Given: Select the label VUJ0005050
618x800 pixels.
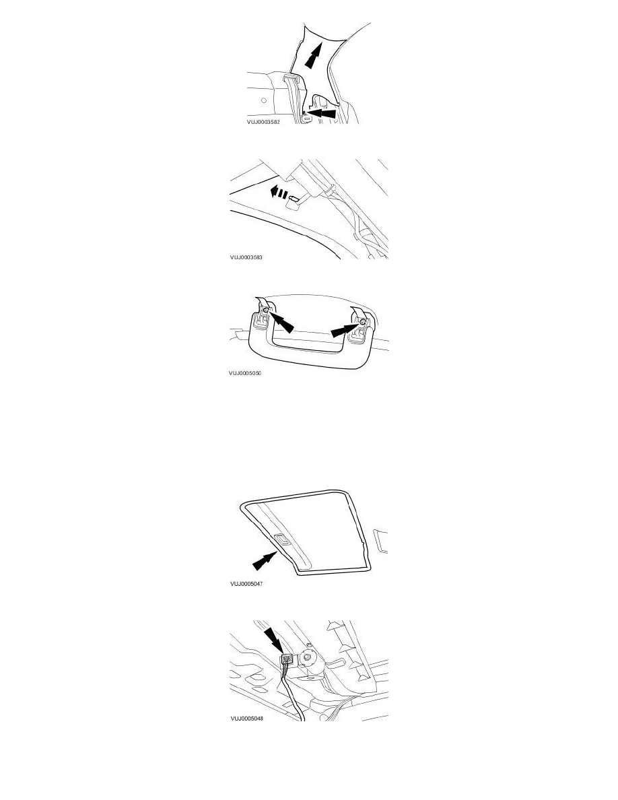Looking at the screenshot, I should (x=245, y=372).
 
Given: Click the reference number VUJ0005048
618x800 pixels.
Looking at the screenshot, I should (x=246, y=719).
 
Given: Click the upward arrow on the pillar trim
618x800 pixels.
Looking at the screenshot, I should (x=312, y=57).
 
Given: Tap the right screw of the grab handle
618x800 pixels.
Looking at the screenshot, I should (x=363, y=324).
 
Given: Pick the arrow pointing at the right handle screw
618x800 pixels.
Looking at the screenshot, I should (x=344, y=331).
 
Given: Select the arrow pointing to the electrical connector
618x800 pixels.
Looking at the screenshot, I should (x=276, y=640).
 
